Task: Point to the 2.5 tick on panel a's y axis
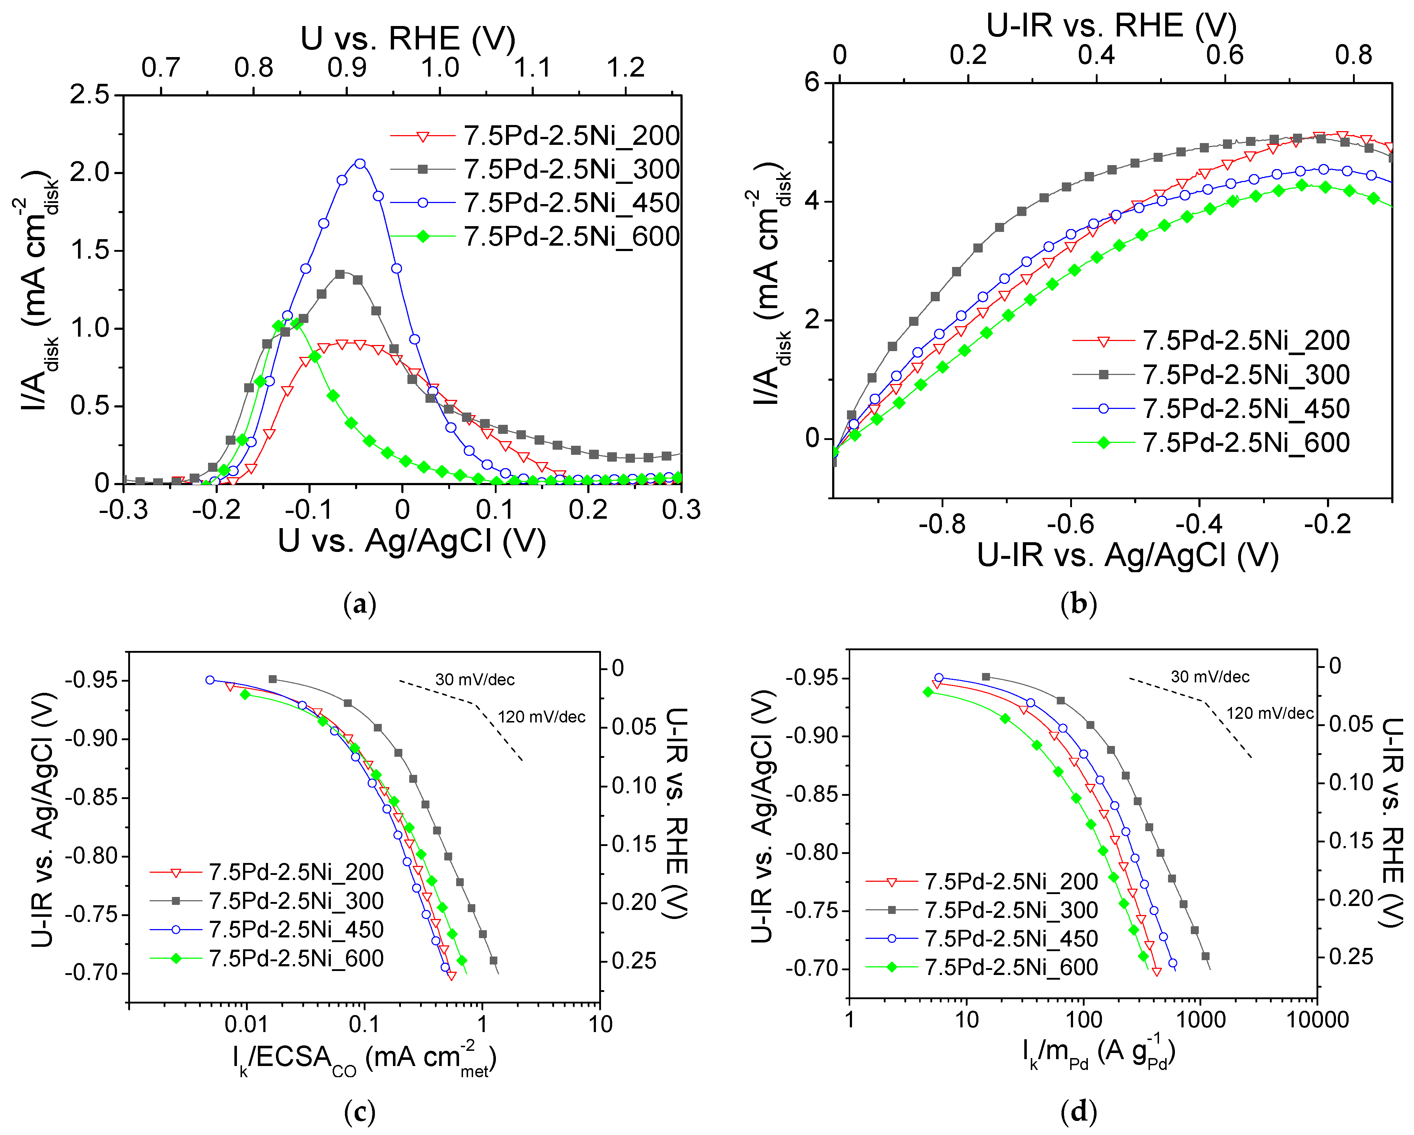(91, 95)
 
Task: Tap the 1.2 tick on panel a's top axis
(625, 68)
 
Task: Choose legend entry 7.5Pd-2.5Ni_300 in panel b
(1246, 375)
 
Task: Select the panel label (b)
(1078, 604)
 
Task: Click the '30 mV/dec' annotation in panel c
(475, 680)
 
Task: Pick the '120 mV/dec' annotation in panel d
(1270, 713)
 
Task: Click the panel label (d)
(1078, 1112)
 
